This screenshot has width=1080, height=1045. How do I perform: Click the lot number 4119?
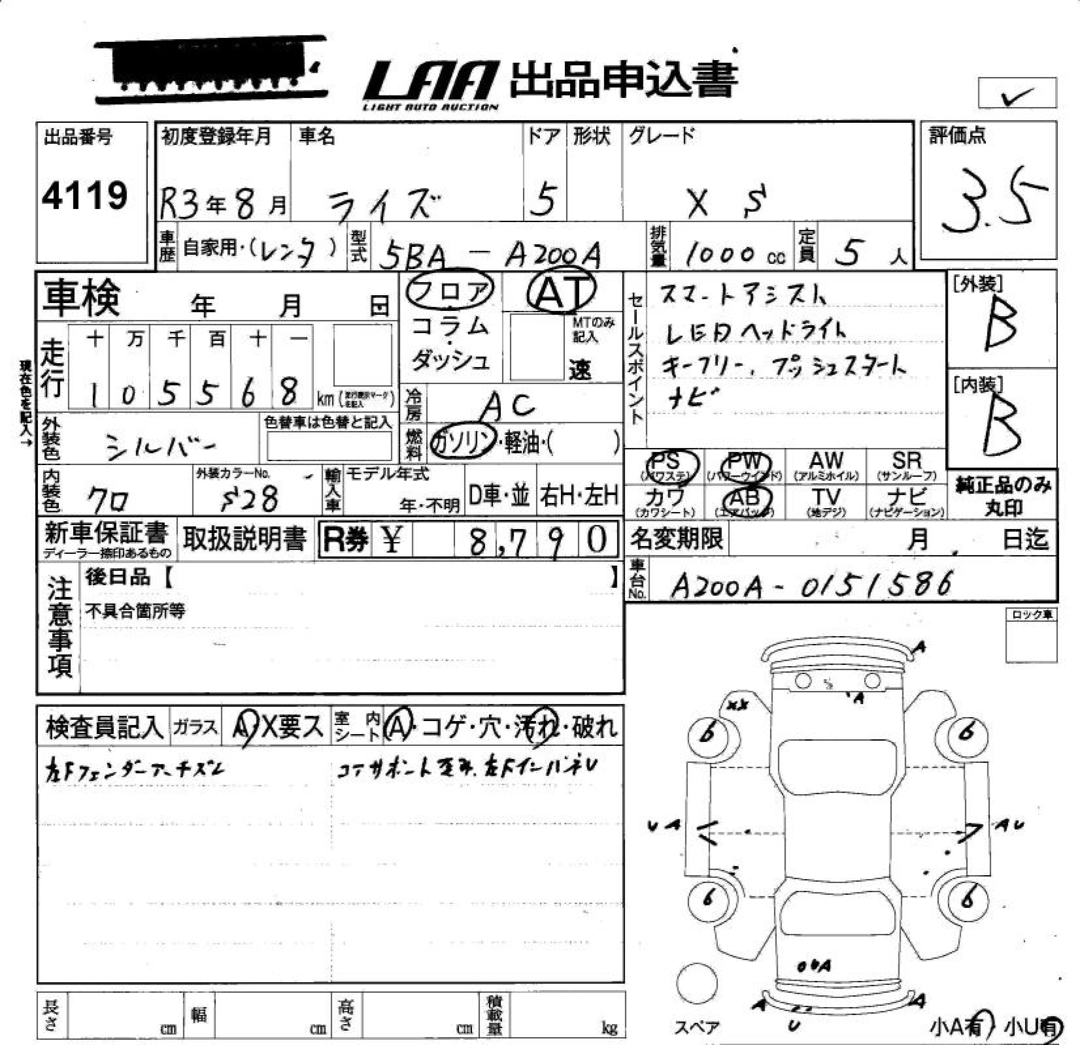pos(85,196)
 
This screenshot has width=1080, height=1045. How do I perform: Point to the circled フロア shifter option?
pos(449,290)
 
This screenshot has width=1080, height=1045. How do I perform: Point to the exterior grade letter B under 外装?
pos(1000,325)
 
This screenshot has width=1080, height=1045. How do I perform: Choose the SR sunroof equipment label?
pos(906,465)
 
